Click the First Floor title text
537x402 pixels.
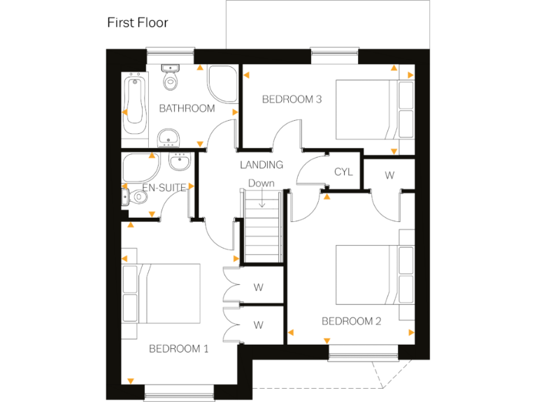pos(137,22)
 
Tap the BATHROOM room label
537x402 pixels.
pos(187,108)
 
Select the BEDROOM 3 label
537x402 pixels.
pos(292,99)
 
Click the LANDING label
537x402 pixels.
pos(262,165)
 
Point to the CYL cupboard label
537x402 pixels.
pos(343,172)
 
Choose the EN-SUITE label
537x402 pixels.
pos(164,188)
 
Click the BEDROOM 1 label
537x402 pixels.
pos(179,349)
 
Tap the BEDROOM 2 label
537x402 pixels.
pos(351,321)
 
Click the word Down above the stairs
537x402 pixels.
pos(261,183)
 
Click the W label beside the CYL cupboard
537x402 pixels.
pos(389,175)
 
